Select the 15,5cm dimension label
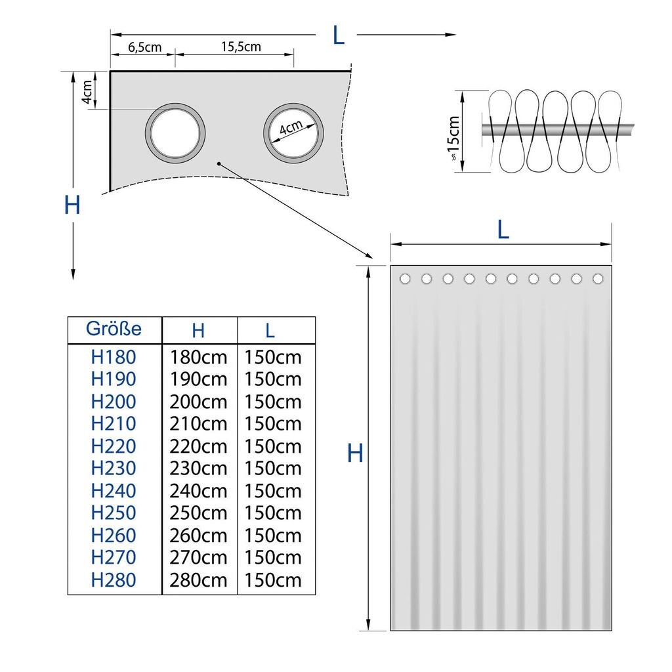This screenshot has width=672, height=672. click(x=240, y=47)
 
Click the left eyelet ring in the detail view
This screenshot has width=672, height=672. click(x=175, y=131)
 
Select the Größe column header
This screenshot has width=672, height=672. click(x=114, y=329)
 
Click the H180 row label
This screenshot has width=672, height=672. click(x=114, y=358)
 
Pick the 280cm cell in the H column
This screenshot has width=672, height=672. click(x=199, y=580)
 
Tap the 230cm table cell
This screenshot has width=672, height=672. click(x=199, y=469)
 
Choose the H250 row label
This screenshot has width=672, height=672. click(x=114, y=513)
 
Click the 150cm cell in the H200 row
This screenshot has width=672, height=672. click(x=273, y=402)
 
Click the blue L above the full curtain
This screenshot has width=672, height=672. click(x=503, y=229)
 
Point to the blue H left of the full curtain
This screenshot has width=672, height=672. click(x=355, y=453)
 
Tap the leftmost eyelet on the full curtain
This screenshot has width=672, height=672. click(x=405, y=279)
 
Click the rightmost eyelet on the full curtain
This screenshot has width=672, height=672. click(x=598, y=279)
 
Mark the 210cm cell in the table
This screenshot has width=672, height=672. click(x=199, y=424)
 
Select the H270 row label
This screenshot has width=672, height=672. click(x=114, y=558)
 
